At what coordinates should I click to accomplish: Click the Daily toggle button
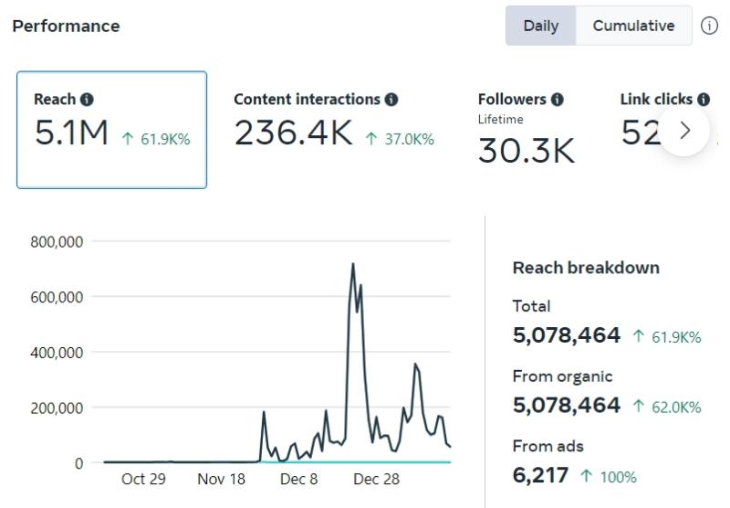coord(541,26)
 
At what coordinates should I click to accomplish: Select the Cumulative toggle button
coord(633,26)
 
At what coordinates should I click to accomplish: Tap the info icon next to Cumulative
coord(709,26)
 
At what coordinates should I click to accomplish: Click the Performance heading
coord(66,26)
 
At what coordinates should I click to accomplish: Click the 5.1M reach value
coord(71,134)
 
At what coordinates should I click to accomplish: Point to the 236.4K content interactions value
coord(293,134)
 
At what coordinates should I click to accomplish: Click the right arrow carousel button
coord(684,131)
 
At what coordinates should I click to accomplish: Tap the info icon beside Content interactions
coord(391,100)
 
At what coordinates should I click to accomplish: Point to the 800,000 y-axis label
coord(57,242)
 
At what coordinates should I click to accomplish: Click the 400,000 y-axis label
coord(57,353)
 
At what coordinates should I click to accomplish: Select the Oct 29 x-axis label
coord(143,480)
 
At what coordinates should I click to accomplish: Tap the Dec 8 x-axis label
coord(298,480)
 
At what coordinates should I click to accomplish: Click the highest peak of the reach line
coord(353,264)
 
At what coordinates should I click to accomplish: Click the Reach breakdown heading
coord(586,268)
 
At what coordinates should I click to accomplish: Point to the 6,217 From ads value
coord(540,475)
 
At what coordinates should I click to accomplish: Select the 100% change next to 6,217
coord(610,476)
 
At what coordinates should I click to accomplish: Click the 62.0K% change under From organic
coord(666,407)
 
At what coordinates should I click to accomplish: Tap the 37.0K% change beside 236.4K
coord(399,139)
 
